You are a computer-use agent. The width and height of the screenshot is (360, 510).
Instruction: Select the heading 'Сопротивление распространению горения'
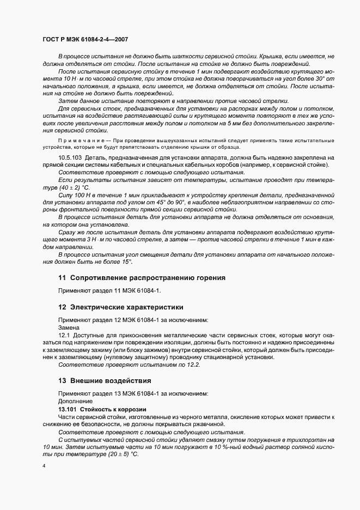coord(147,277)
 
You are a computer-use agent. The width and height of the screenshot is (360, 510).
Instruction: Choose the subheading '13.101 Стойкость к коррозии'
coord(103,408)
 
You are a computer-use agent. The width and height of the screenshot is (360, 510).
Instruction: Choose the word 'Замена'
coord(69,327)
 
